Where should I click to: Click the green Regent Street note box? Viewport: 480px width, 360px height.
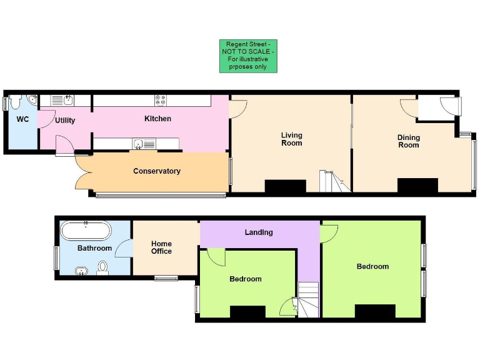click(x=248, y=56)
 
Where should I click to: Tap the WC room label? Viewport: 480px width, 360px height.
click(x=22, y=119)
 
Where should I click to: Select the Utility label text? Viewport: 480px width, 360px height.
click(x=65, y=120)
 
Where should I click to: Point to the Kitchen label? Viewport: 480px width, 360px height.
click(x=157, y=119)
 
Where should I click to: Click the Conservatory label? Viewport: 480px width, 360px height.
click(x=157, y=171)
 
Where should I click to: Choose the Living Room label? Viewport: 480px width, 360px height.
click(x=291, y=139)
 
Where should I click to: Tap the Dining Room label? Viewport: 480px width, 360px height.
click(x=409, y=141)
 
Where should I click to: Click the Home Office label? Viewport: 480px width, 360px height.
click(x=161, y=247)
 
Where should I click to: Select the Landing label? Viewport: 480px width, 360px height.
click(x=259, y=232)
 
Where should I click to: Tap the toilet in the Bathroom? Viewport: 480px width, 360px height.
click(x=103, y=267)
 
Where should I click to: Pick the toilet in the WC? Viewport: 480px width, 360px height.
click(x=16, y=101)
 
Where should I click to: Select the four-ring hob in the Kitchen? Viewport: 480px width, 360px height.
click(x=161, y=101)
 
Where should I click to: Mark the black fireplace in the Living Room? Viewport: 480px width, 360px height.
click(x=286, y=186)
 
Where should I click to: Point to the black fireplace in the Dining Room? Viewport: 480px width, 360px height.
click(x=417, y=186)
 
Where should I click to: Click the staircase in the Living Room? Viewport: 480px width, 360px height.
click(x=331, y=182)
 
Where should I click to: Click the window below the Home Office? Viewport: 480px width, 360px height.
click(x=166, y=278)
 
